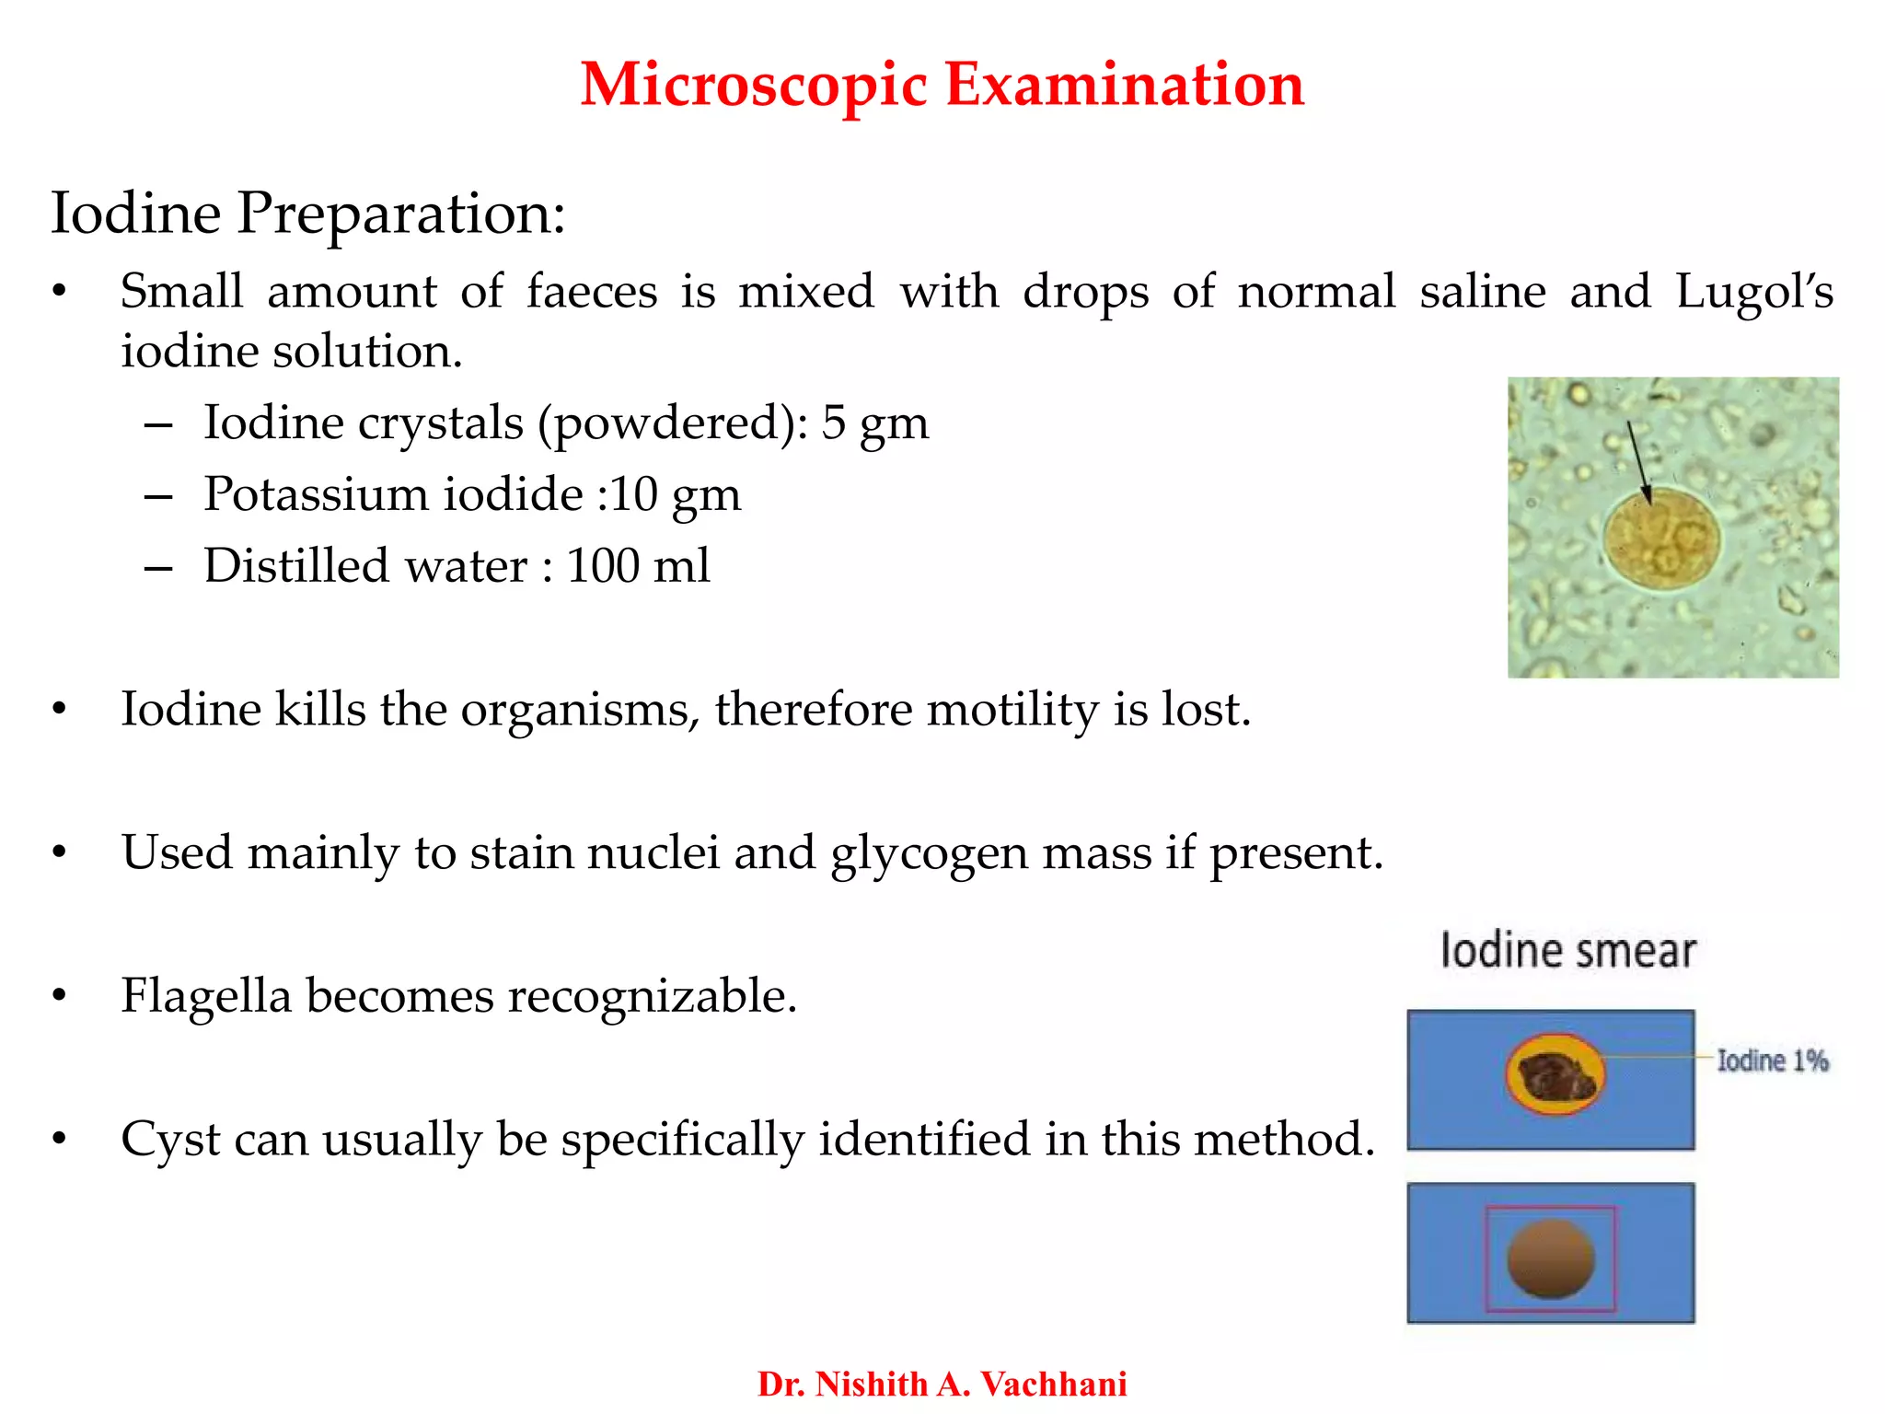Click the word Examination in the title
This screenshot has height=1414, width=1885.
[1125, 85]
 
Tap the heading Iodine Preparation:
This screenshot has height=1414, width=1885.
[307, 214]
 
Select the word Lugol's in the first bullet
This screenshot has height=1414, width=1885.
[1753, 292]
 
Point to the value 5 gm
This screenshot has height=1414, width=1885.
[874, 423]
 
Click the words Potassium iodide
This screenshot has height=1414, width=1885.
[393, 494]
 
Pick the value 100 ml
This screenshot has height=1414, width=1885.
[637, 565]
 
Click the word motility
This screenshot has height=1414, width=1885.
[1012, 710]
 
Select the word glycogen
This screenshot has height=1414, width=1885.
[929, 852]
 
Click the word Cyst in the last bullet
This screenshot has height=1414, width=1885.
[170, 1140]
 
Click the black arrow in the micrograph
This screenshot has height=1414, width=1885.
[1639, 461]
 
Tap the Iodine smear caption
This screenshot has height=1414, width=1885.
[1567, 951]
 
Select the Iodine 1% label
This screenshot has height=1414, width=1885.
[1772, 1060]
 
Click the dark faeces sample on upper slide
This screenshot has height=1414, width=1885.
[1555, 1076]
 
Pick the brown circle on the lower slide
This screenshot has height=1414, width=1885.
[1550, 1258]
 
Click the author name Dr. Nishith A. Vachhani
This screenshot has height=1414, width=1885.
[942, 1384]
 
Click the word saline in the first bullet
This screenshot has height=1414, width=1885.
[1482, 292]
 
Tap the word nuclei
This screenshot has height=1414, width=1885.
[653, 852]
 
